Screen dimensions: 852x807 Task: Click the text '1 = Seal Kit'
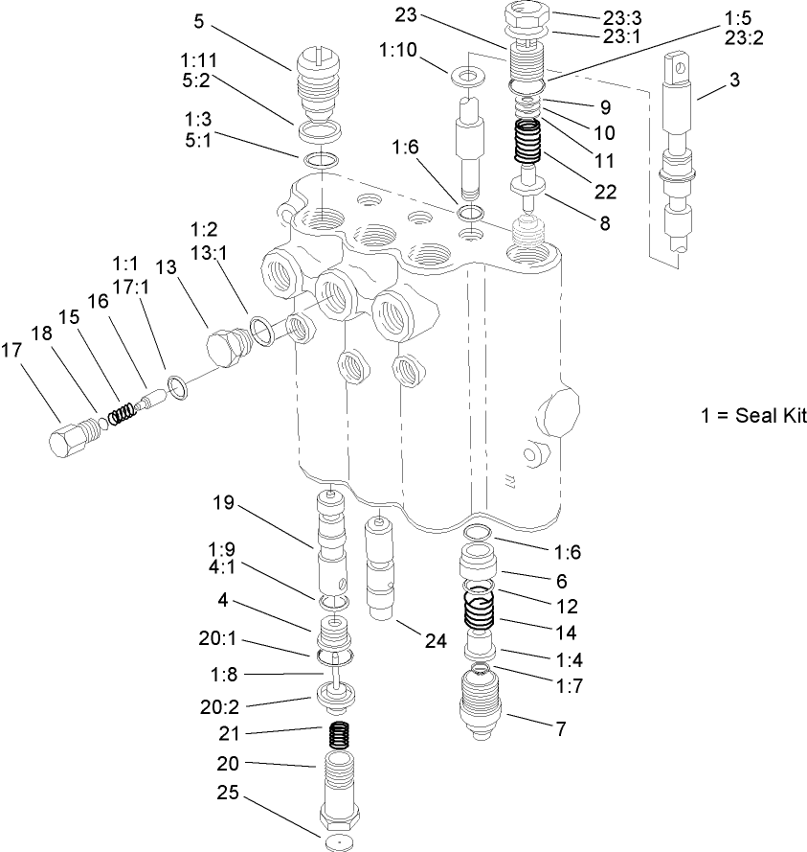coord(753,416)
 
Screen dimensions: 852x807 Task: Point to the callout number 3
coord(733,80)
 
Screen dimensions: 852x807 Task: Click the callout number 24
coord(437,642)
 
